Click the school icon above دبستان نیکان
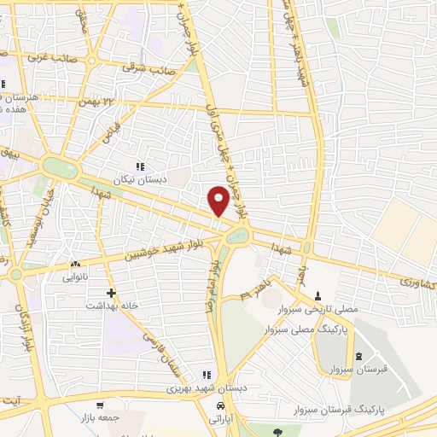click(x=140, y=167)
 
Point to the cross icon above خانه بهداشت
click(x=111, y=292)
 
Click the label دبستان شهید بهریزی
click(x=206, y=388)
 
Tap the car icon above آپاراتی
click(x=221, y=405)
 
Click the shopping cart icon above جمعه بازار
click(x=101, y=405)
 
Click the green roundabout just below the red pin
click(x=233, y=233)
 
